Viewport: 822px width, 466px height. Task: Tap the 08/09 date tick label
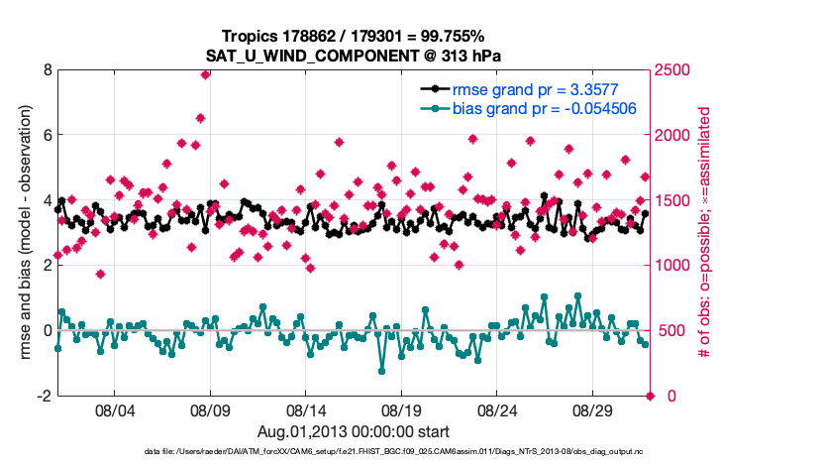pyautogui.click(x=210, y=408)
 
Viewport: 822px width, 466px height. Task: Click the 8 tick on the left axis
pyautogui.click(x=47, y=70)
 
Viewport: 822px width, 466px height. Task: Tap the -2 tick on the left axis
pyautogui.click(x=44, y=396)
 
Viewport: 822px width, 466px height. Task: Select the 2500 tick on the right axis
pyautogui.click(x=674, y=70)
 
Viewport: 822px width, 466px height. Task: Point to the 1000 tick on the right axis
pyautogui.click(x=674, y=266)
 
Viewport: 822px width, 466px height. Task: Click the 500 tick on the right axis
pyautogui.click(x=670, y=330)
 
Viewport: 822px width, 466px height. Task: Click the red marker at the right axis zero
pyautogui.click(x=651, y=396)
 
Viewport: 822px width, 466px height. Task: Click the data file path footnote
pyautogui.click(x=393, y=452)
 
